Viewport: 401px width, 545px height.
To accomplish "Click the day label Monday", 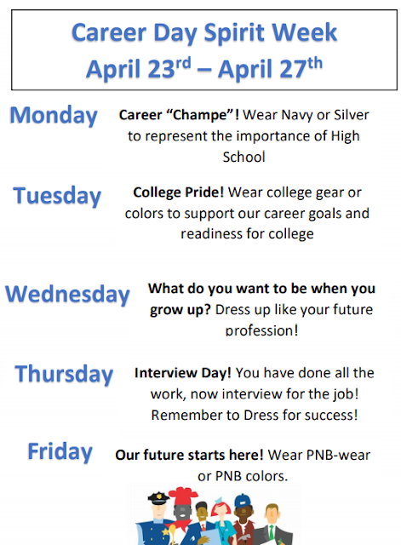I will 54,116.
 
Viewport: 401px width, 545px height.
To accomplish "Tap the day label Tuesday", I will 57,197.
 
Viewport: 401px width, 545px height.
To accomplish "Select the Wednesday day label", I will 67,295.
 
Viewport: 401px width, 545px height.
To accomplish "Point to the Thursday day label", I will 64,374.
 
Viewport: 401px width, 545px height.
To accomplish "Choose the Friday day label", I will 60,451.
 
